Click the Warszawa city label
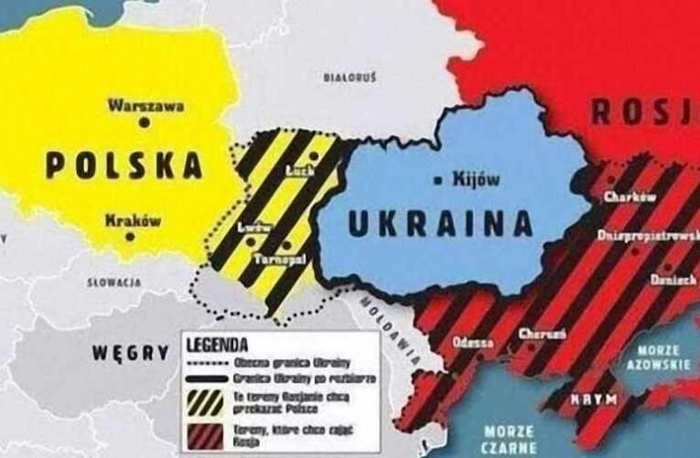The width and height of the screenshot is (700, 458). pos(145,105)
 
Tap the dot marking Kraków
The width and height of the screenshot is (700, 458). pos(131,236)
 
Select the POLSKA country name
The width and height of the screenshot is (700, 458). pos(124,166)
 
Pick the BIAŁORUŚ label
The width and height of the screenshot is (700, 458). pos(350,80)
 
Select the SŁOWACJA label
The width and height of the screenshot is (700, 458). pos(113,283)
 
